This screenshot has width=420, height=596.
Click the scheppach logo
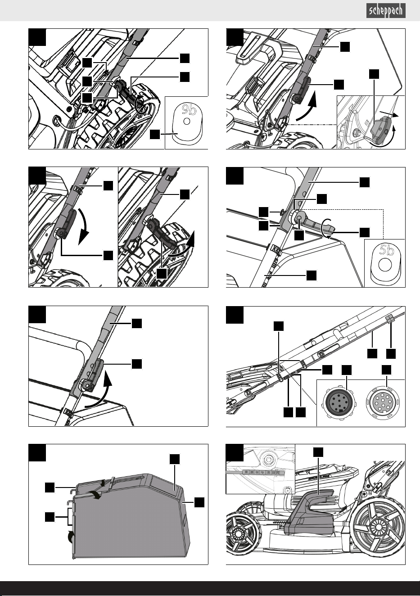386,11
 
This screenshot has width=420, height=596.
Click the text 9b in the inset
189,109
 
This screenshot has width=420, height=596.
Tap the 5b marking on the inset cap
387,250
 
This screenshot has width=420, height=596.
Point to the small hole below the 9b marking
187,122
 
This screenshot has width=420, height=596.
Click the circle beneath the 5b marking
384,265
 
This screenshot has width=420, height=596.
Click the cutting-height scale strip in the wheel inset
255,472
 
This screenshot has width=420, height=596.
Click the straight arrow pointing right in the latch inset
389,114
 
